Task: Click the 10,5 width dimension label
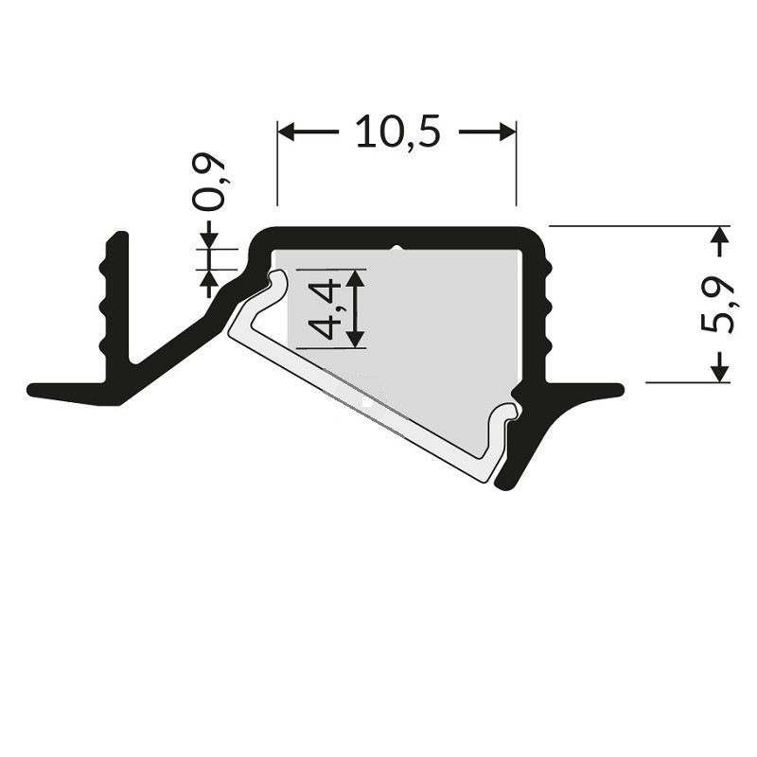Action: pos(397,132)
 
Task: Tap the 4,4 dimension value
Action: pos(325,308)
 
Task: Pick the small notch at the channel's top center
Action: pos(397,249)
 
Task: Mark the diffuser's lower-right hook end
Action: pos(510,412)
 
